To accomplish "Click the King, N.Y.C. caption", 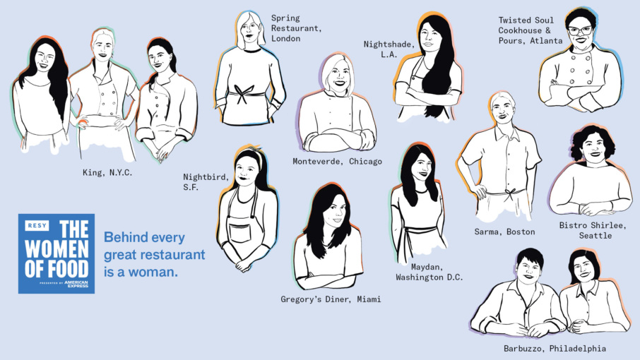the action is (107, 172).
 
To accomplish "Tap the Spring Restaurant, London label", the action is (296, 28).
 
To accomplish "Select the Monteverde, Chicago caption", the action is (337, 162).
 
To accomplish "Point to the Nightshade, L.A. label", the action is (389, 49).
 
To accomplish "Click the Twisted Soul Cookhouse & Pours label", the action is (531, 30).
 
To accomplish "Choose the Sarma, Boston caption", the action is (504, 232).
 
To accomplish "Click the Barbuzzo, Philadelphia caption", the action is (555, 349).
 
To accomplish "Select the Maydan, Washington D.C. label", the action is (429, 272).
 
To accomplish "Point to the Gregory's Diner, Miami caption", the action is (331, 299).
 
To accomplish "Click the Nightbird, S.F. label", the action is (206, 182).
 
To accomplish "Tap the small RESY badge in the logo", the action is (37, 225).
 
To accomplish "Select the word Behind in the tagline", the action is (124, 237).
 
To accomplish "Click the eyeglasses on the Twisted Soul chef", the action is (580, 30).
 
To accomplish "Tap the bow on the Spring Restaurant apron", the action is (243, 94).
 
